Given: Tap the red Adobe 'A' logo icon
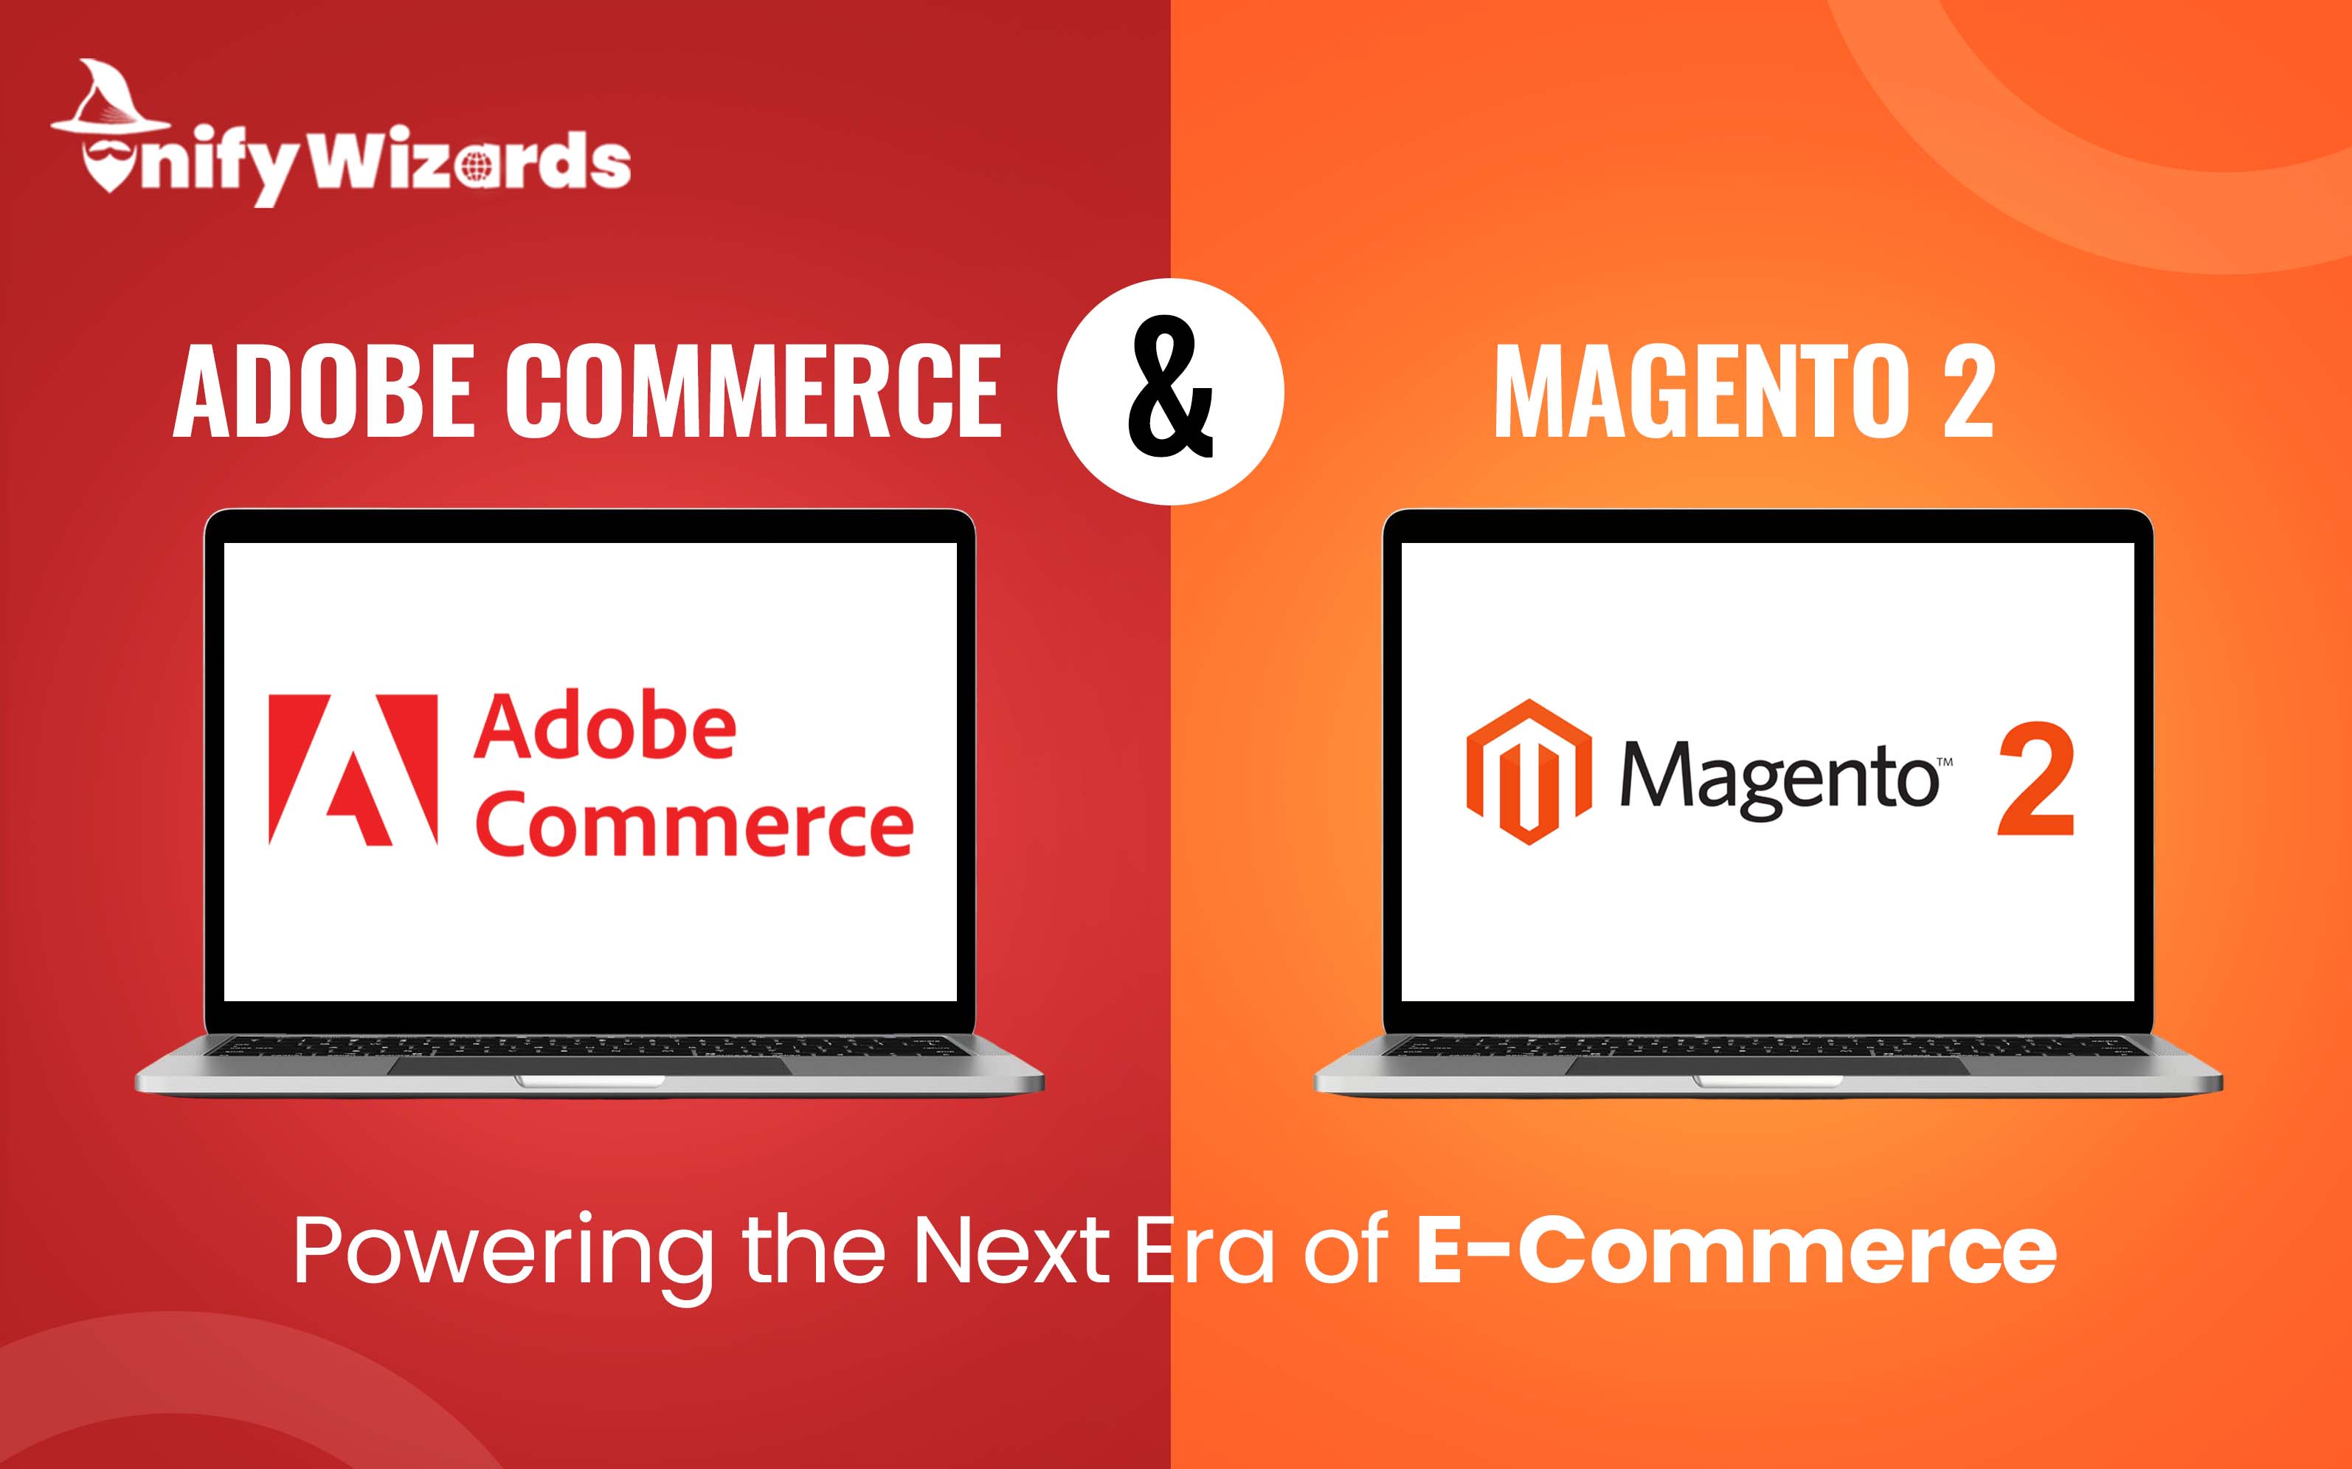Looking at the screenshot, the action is tap(353, 770).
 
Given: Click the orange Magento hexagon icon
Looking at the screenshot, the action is tap(1529, 772).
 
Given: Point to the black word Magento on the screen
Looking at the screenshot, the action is tap(1779, 780).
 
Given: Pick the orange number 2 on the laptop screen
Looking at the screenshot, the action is tap(2035, 778).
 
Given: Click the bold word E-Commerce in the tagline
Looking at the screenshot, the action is tap(1736, 1249).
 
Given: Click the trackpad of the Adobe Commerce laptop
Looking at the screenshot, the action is tap(589, 1066).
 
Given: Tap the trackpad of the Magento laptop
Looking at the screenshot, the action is tap(1768, 1066).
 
